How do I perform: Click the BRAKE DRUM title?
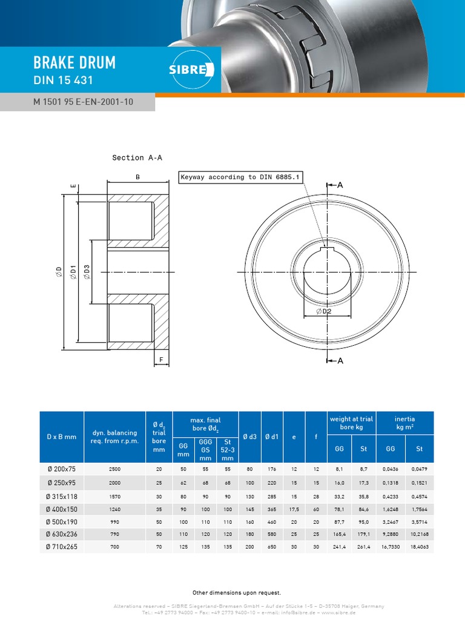(74, 63)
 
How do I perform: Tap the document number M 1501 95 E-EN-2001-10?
(83, 102)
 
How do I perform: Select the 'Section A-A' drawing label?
(137, 157)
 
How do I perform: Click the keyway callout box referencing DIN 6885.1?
(241, 177)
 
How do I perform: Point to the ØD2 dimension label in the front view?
(324, 311)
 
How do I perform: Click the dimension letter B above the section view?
(137, 177)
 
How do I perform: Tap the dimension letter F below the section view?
(160, 360)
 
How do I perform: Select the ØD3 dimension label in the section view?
(87, 272)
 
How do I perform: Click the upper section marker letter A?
(340, 185)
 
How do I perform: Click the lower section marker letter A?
(340, 361)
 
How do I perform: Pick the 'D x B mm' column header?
(62, 437)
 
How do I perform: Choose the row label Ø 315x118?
(62, 495)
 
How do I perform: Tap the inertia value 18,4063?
(419, 547)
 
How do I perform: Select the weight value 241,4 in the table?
(339, 547)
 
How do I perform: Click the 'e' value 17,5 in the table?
(294, 509)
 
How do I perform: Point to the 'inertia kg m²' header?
(404, 423)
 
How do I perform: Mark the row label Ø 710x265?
(62, 547)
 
